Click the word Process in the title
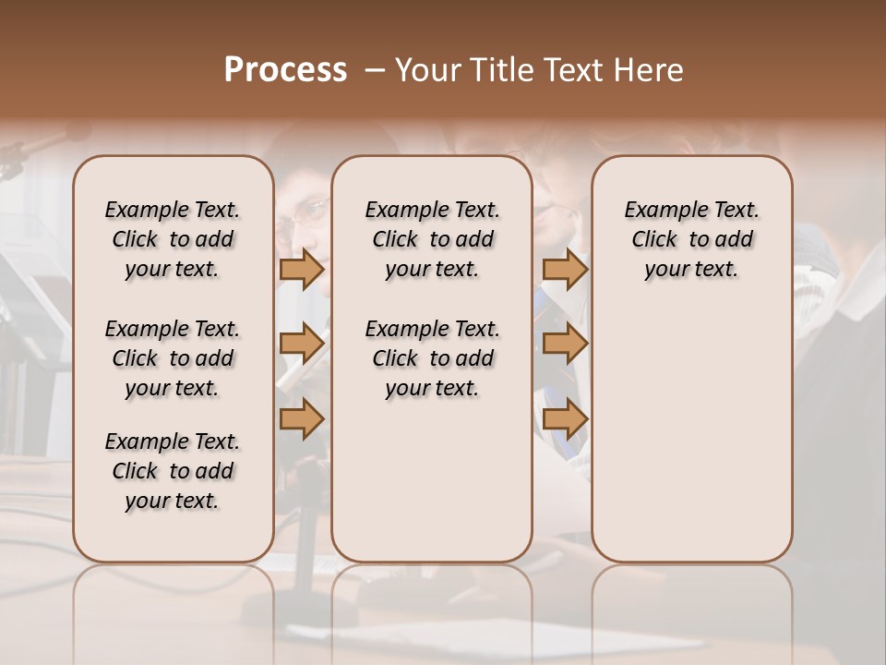pos(285,69)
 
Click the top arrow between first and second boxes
pos(302,269)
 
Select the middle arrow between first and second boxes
pos(302,344)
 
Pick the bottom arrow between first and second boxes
pos(302,419)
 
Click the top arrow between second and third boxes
pos(565,269)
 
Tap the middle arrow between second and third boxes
pos(565,344)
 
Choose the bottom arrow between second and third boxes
pos(565,419)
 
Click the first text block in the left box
pos(173,239)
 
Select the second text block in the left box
pos(173,358)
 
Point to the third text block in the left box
pos(173,471)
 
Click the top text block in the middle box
pos(432,239)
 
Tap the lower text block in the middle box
pos(432,358)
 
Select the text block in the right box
pos(692,239)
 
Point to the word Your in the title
pos(428,70)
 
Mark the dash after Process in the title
pos(375,70)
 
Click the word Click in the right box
pos(654,239)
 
